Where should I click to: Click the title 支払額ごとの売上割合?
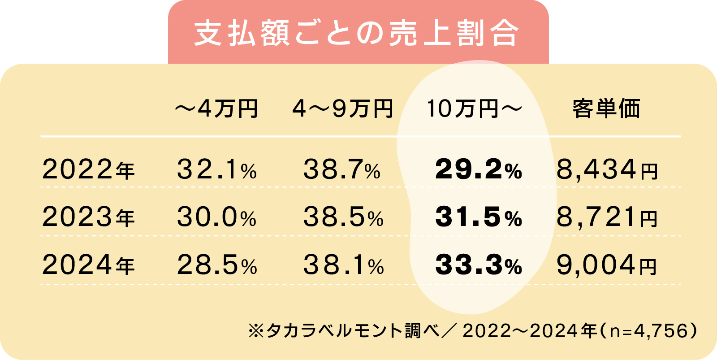point(357,33)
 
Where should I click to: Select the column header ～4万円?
point(216,108)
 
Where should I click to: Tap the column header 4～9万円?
point(343,108)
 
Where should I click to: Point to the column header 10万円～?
point(474,108)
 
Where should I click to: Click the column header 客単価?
point(606,108)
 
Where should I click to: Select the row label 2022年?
point(88,170)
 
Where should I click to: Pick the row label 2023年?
point(88,217)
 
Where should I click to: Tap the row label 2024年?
point(88,265)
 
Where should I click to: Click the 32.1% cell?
point(217,170)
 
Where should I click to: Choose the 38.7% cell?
point(342,170)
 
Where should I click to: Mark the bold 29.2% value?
point(478,170)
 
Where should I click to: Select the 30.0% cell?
point(217,217)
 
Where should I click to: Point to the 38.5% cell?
point(343,217)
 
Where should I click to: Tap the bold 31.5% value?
point(478,217)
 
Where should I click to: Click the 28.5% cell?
point(217,265)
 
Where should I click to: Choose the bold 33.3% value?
point(478,265)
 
